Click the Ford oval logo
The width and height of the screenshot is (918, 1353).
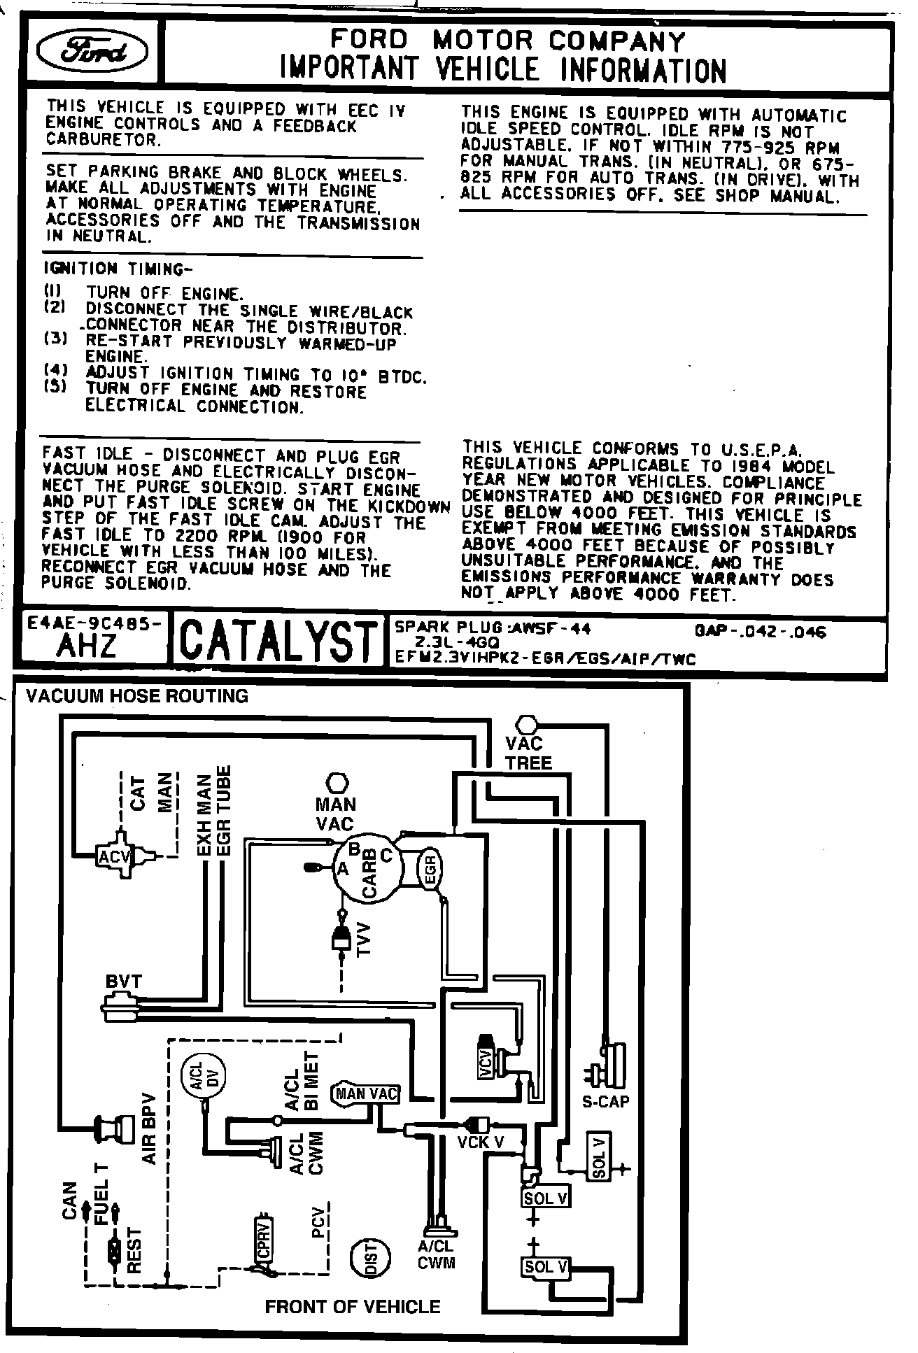pyautogui.click(x=94, y=53)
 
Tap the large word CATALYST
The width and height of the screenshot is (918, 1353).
pyautogui.click(x=278, y=640)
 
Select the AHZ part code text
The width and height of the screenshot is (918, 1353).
pyautogui.click(x=87, y=647)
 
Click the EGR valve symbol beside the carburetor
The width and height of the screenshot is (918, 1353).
pyautogui.click(x=430, y=870)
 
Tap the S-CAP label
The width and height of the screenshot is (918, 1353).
pyautogui.click(x=605, y=1102)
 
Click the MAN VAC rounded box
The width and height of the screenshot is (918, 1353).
pyautogui.click(x=367, y=1093)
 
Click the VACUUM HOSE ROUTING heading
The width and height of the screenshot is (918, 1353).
pyautogui.click(x=137, y=696)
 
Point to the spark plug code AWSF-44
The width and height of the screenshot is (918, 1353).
pyautogui.click(x=551, y=629)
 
